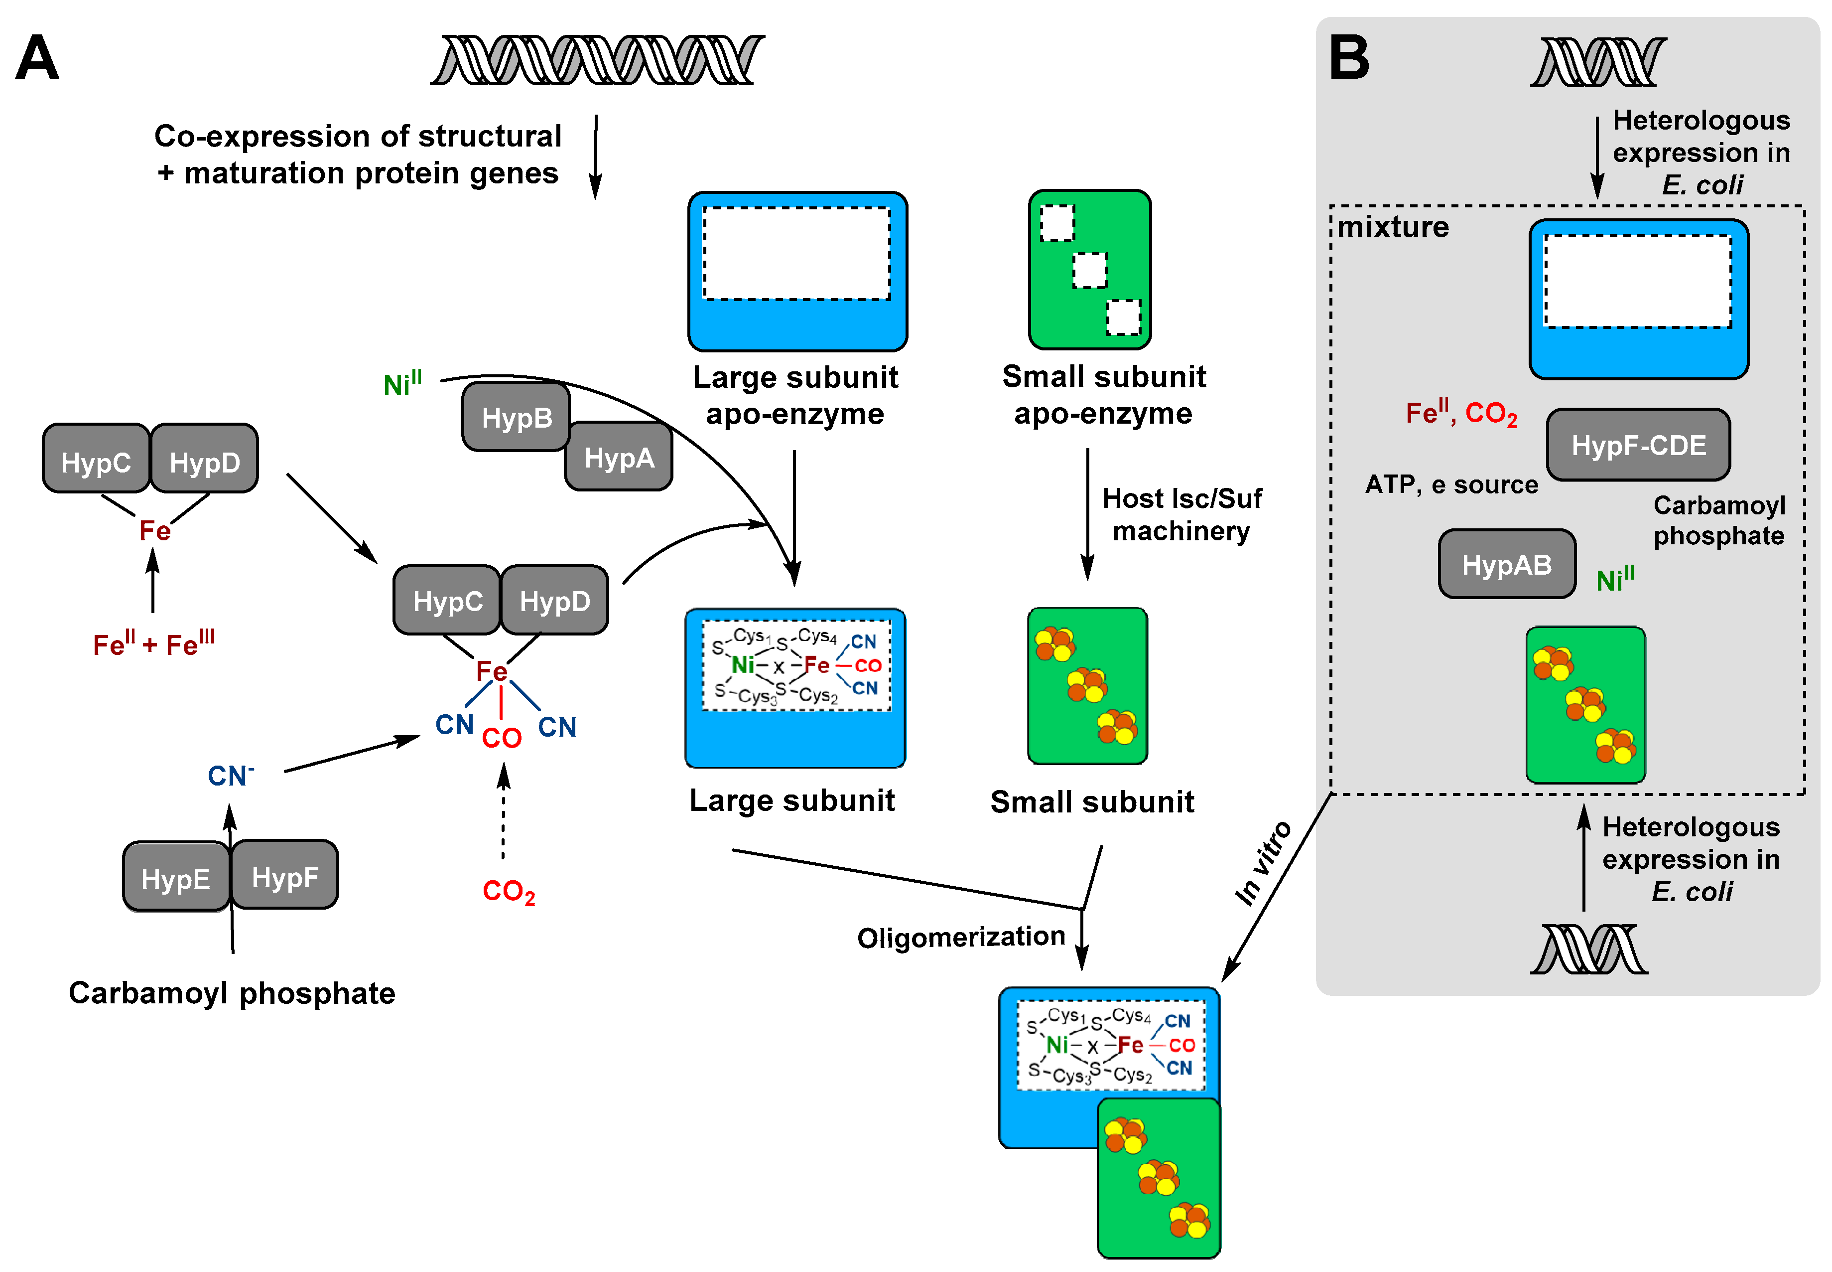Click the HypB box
[516, 417]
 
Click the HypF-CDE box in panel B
[1638, 445]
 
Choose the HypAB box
[1506, 564]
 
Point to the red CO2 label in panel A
[508, 891]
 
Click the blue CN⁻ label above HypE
[230, 775]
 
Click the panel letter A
[37, 58]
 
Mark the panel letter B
[1348, 58]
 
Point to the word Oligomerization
[961, 937]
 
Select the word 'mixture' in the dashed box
[1392, 227]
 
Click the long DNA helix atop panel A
[597, 60]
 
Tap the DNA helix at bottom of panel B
[1589, 949]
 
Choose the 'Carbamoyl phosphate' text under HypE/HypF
[232, 993]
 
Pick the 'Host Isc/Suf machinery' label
[1181, 514]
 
